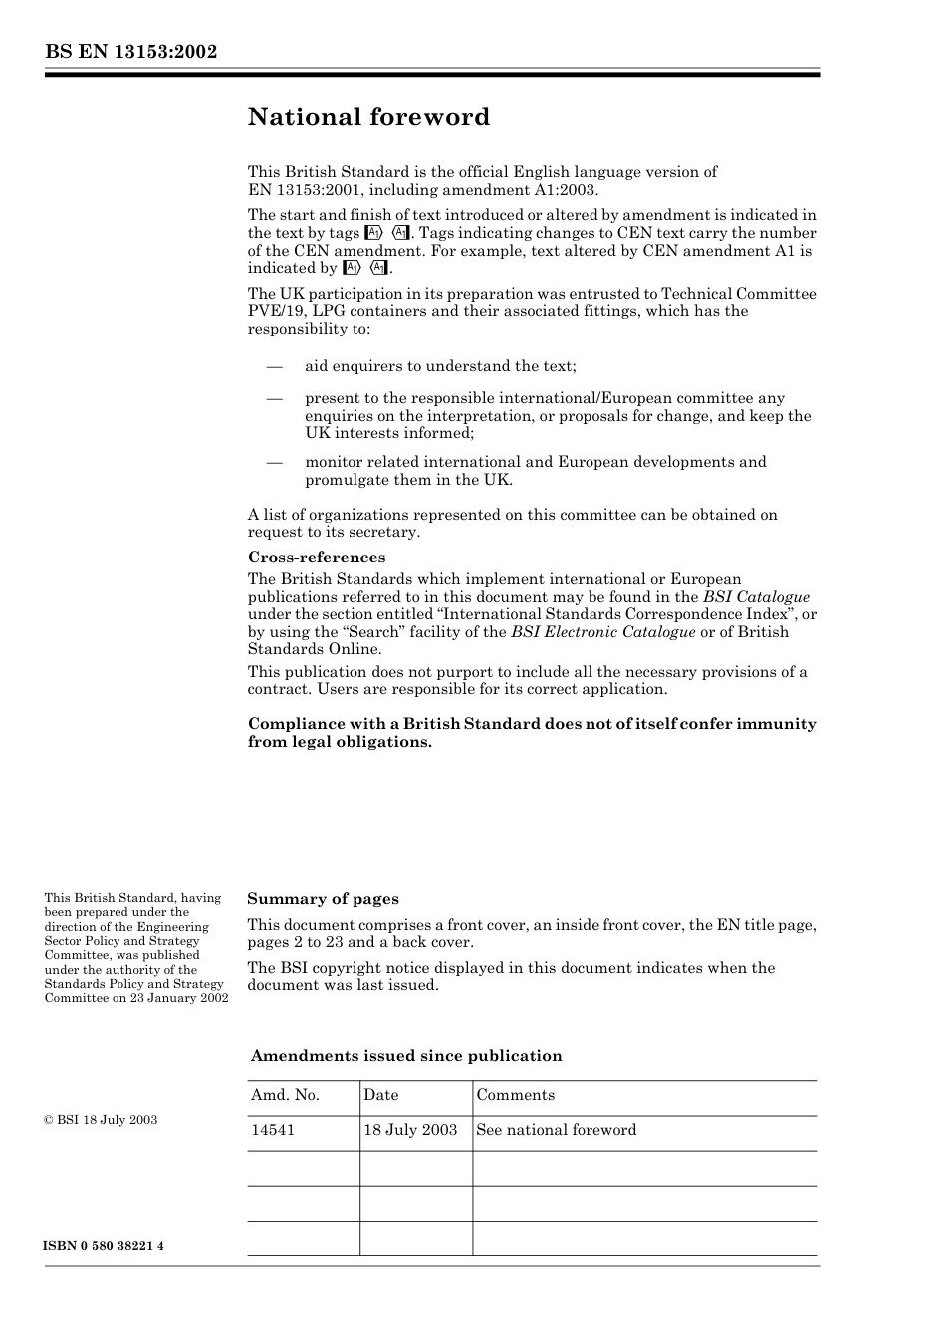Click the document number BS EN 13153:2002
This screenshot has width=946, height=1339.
[x=130, y=52]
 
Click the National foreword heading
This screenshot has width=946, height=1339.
[x=368, y=117]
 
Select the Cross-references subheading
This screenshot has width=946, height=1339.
[x=317, y=558]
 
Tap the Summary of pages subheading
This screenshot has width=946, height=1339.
[x=323, y=899]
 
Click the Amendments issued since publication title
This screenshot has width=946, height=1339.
[x=406, y=1056]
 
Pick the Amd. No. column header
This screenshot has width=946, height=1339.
[x=285, y=1095]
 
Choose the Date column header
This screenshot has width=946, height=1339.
[x=380, y=1095]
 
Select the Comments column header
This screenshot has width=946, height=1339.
[x=515, y=1095]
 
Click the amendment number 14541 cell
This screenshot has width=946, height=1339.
[x=273, y=1130]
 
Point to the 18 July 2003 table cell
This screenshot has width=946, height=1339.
[x=410, y=1130]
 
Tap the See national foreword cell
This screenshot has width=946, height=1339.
[x=556, y=1130]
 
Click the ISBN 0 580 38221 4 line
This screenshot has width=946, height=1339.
[x=105, y=1246]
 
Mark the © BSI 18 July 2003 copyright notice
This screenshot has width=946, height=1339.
[x=101, y=1120]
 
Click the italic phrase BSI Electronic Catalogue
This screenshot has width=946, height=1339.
[x=602, y=632]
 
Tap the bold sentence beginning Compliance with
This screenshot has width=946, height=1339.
[x=532, y=733]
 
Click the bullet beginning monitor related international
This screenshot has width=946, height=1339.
[x=535, y=471]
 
